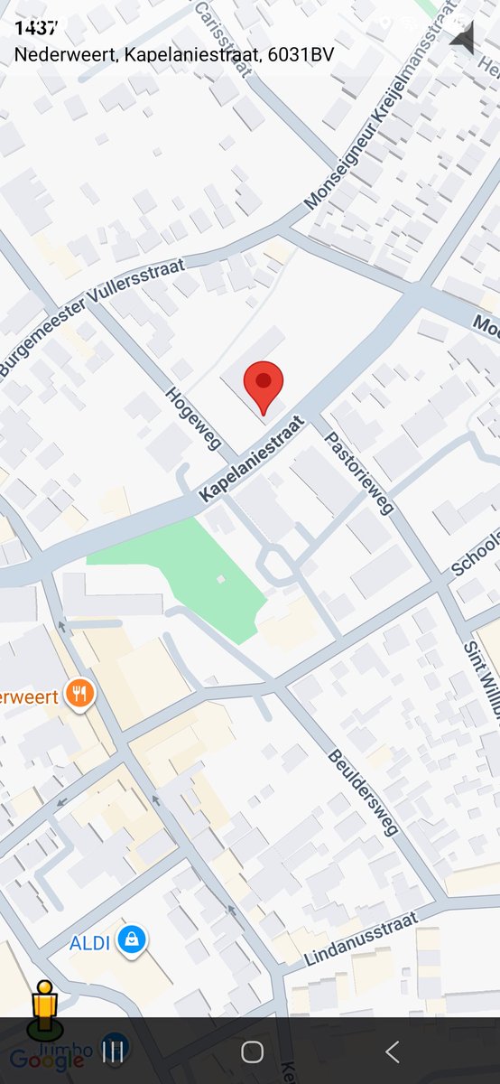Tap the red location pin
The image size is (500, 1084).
coord(264,383)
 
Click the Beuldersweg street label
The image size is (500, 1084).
coord(363,792)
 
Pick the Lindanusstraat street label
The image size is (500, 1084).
coord(361,939)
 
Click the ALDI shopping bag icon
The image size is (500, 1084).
coord(133,941)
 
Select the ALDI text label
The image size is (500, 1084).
coord(89,943)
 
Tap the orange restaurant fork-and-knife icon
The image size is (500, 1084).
coord(80,696)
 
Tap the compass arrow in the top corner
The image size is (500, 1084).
coord(463,38)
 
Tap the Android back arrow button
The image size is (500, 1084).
coord(392,1051)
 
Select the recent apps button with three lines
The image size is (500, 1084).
coord(113,1051)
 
